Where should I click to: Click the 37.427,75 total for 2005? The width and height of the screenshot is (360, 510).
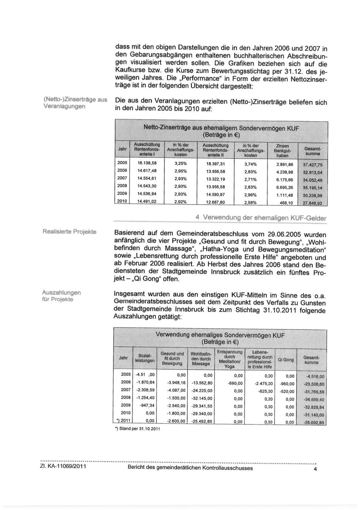tap(313, 165)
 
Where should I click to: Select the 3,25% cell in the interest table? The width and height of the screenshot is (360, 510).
tap(180, 163)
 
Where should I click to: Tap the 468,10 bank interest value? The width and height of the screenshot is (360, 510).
tap(286, 203)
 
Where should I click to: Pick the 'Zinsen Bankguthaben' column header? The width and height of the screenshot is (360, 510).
tap(282, 151)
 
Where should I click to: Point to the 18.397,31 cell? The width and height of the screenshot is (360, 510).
tap(215, 164)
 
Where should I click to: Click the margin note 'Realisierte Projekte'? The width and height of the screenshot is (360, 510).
tap(69, 232)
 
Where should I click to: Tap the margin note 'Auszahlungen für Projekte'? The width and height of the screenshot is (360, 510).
tap(62, 296)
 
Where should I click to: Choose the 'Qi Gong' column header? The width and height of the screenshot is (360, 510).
tap(286, 360)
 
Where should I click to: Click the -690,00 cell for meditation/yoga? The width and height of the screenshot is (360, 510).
tap(235, 383)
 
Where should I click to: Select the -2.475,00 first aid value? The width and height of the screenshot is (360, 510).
tap(263, 384)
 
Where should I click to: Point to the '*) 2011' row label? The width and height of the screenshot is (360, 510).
tap(123, 420)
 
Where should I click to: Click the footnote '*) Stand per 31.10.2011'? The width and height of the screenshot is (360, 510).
tap(138, 429)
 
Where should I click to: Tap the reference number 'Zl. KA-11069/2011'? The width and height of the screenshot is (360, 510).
tap(63, 468)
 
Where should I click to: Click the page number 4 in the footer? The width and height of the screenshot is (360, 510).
tap(315, 469)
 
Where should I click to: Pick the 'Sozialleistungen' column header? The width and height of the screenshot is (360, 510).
tap(145, 358)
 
